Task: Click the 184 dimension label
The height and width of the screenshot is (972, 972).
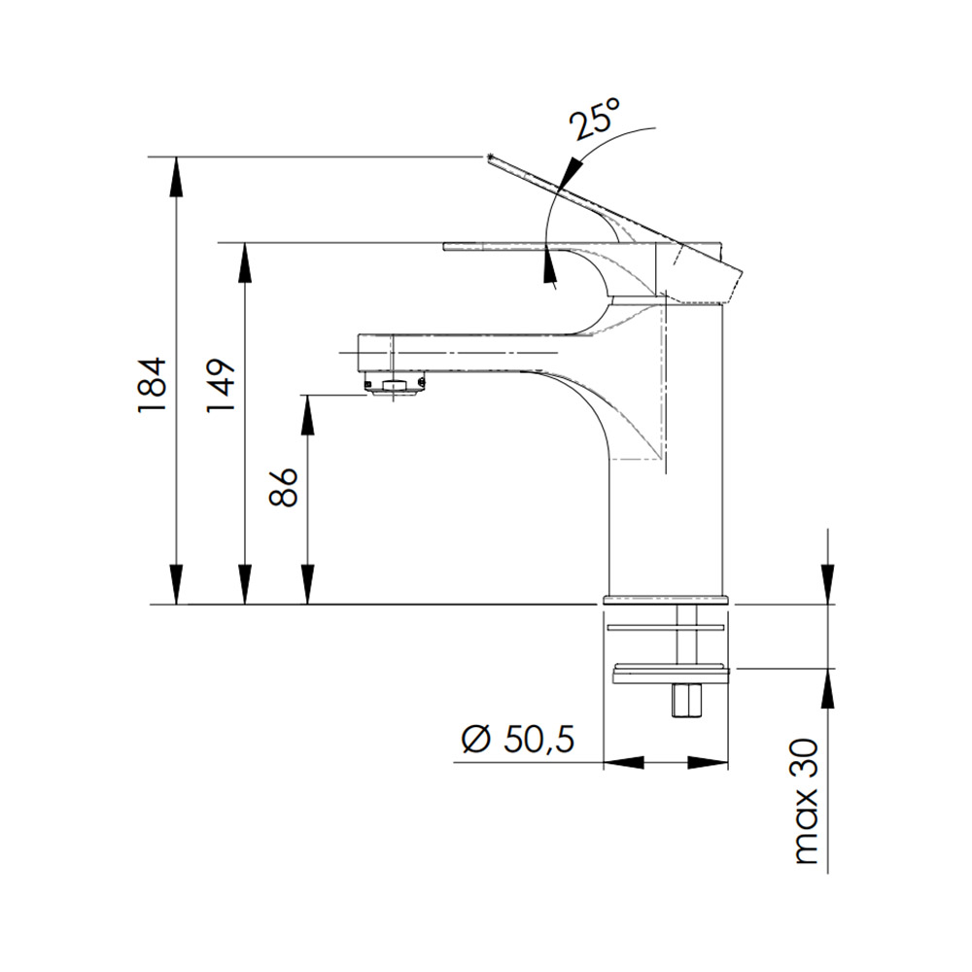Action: pyautogui.click(x=153, y=384)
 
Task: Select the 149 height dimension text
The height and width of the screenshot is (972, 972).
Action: pyautogui.click(x=222, y=384)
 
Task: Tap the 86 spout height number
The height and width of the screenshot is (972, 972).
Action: pyautogui.click(x=285, y=487)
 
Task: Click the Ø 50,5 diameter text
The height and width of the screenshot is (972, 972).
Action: pyautogui.click(x=518, y=739)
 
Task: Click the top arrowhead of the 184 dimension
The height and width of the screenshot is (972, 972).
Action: pyautogui.click(x=177, y=176)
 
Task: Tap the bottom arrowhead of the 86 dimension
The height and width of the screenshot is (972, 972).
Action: pyautogui.click(x=307, y=584)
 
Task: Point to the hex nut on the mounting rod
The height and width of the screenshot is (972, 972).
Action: pyautogui.click(x=686, y=700)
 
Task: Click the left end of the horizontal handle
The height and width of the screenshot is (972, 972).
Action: pyautogui.click(x=445, y=247)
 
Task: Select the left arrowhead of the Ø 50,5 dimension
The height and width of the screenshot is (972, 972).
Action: pyautogui.click(x=624, y=762)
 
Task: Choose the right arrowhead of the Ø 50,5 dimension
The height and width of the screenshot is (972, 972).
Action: pyautogui.click(x=708, y=762)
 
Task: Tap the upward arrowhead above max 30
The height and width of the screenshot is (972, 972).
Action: pyautogui.click(x=827, y=688)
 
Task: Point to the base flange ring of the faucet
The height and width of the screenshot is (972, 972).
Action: pyautogui.click(x=666, y=600)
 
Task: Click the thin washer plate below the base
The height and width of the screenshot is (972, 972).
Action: pyautogui.click(x=666, y=627)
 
